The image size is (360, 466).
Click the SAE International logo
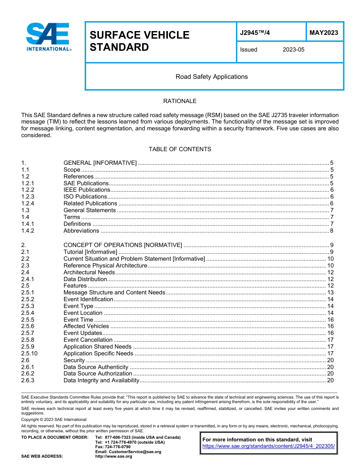[48, 37]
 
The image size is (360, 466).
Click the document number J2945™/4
[255, 33]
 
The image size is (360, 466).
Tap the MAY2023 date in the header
[324, 33]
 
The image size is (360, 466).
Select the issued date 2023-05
[293, 50]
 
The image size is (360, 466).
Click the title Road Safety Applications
[211, 77]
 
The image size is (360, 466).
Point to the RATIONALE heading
[180, 101]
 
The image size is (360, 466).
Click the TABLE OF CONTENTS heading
[180, 149]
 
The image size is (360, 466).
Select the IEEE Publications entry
[87, 190]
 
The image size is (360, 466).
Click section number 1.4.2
[28, 231]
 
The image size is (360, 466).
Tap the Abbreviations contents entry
[81, 231]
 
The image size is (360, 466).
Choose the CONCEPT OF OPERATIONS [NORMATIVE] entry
[122, 245]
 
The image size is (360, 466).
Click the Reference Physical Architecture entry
[105, 266]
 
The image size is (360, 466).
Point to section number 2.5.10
[30, 353]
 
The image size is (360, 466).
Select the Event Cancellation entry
[88, 340]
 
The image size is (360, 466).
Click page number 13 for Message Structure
[330, 292]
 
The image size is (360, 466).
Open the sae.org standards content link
[269, 446]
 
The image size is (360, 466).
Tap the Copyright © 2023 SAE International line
[54, 419]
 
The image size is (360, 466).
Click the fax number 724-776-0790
[118, 447]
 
